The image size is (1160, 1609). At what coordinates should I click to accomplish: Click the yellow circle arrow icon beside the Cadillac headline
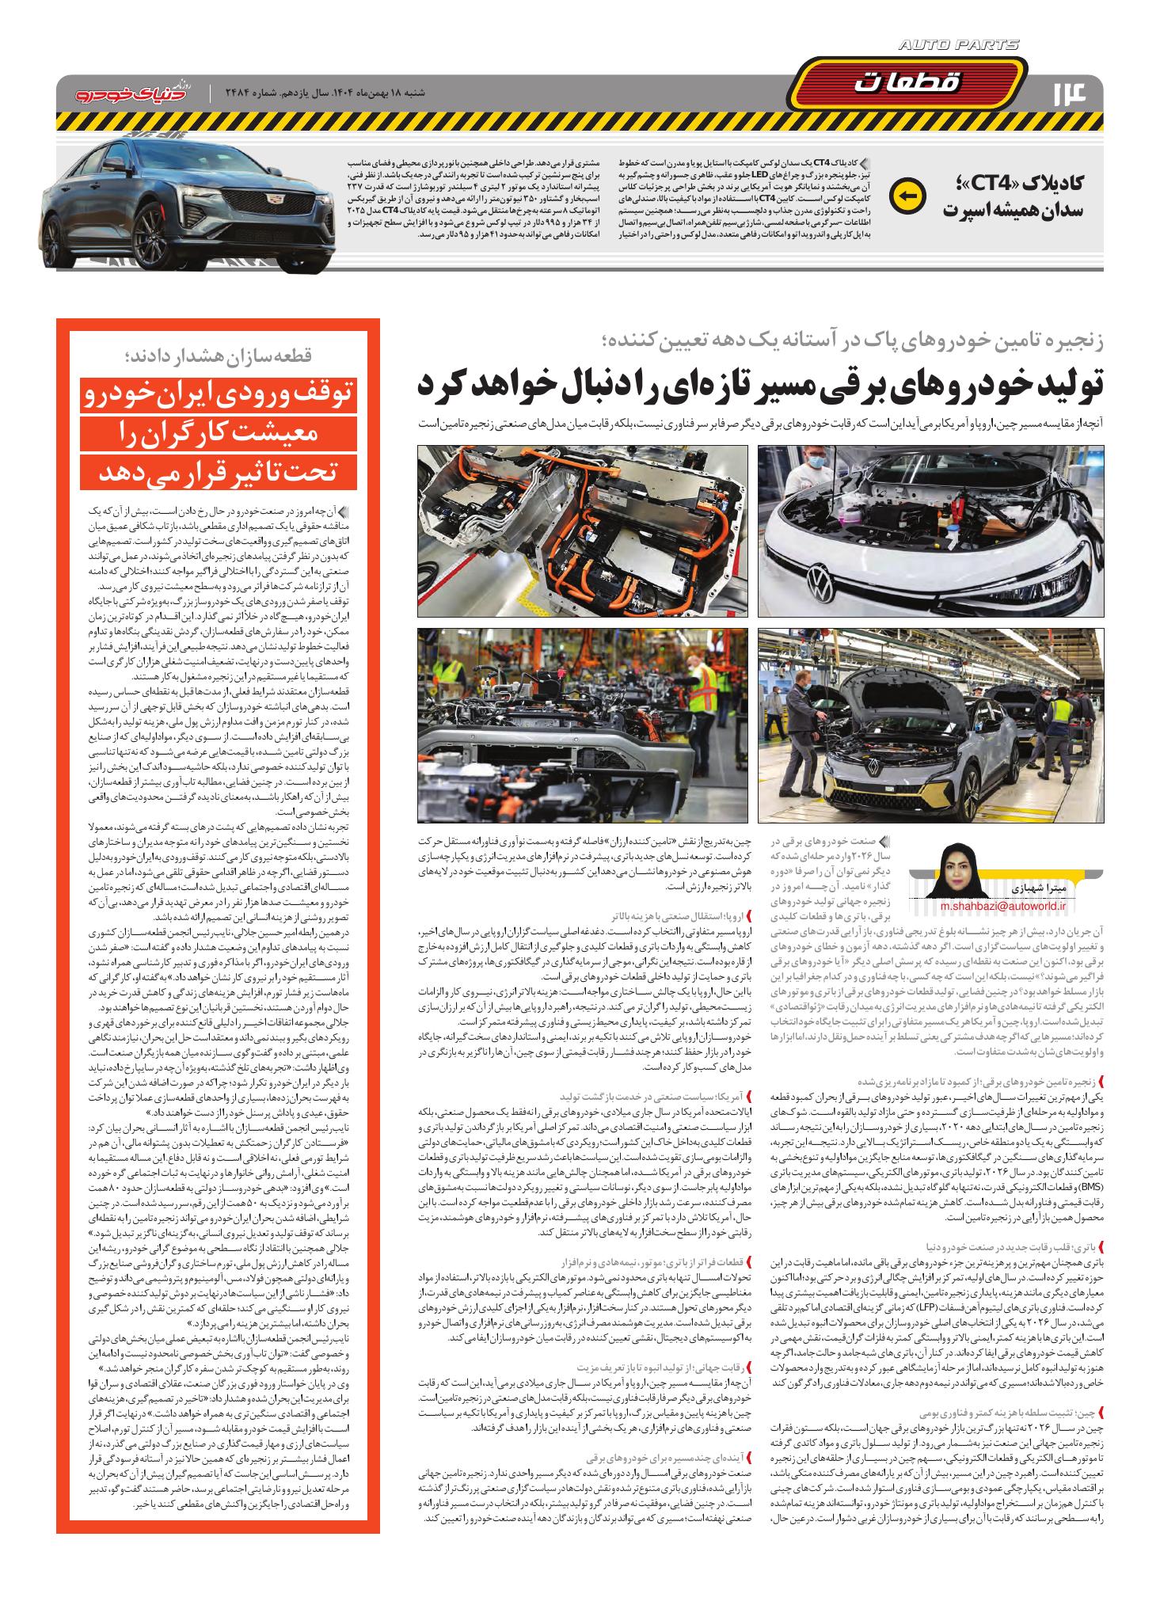point(908,196)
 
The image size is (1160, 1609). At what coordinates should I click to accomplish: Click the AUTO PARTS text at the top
point(959,47)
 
